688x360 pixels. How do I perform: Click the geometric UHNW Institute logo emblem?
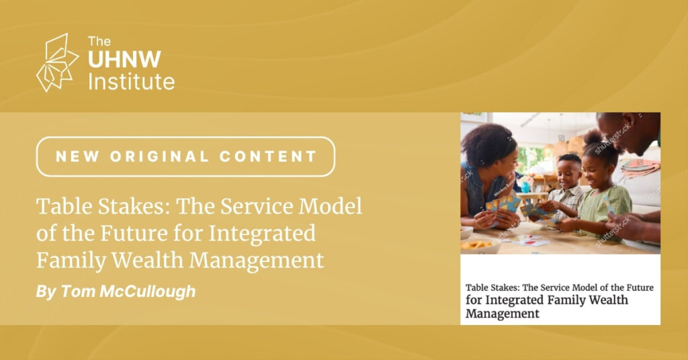click(x=58, y=62)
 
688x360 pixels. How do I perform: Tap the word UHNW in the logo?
click(x=124, y=60)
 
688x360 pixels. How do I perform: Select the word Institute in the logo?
click(x=131, y=81)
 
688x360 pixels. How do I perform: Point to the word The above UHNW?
click(x=99, y=41)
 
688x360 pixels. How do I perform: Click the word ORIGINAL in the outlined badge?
click(x=160, y=156)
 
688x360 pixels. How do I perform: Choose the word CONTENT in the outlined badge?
click(x=268, y=156)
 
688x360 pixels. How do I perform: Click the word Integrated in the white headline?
click(x=262, y=234)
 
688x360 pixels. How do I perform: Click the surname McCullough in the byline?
click(x=147, y=291)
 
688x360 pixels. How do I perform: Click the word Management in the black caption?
click(x=503, y=314)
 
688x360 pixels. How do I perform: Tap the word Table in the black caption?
click(x=476, y=287)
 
